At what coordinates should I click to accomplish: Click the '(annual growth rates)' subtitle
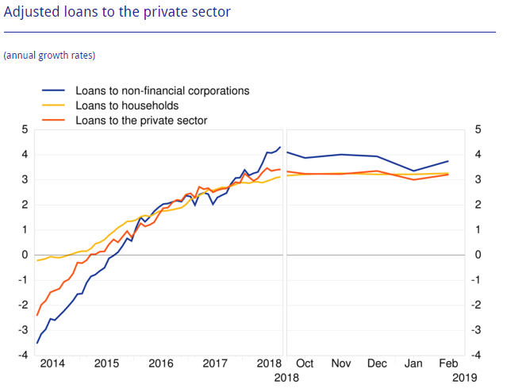(x=49, y=56)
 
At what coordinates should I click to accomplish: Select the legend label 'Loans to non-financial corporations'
(x=162, y=90)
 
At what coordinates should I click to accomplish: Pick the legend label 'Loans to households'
(x=127, y=106)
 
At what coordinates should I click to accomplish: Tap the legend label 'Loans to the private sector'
(x=141, y=121)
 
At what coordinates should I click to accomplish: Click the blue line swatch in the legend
(x=54, y=90)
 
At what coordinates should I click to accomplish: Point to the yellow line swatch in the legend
(x=54, y=106)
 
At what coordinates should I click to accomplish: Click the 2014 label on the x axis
(x=52, y=363)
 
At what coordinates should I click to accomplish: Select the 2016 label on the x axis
(x=161, y=363)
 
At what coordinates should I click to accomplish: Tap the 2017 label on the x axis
(x=215, y=363)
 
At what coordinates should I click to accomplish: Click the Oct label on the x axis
(x=305, y=363)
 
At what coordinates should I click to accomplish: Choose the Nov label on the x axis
(x=341, y=363)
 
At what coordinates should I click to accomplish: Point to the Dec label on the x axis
(x=377, y=363)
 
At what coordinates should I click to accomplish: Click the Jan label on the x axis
(x=413, y=363)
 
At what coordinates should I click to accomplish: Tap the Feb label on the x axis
(x=449, y=363)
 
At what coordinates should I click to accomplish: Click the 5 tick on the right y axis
(x=478, y=129)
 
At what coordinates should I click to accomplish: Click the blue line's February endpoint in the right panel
(x=448, y=161)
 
